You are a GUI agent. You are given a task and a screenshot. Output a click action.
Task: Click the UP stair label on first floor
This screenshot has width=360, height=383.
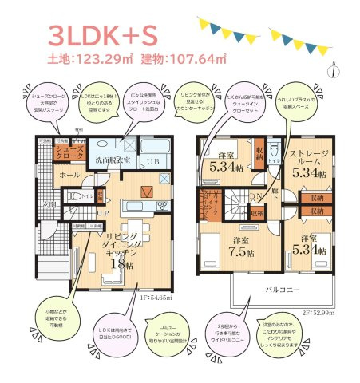coord(103,213)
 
